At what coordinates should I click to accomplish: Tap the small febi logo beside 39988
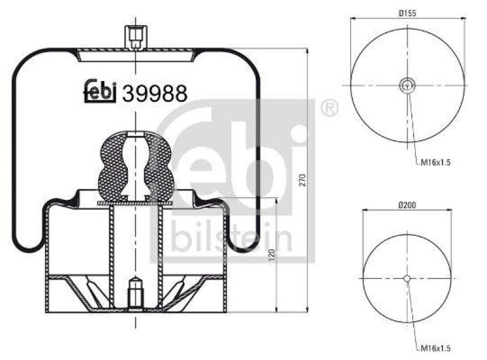(x=99, y=91)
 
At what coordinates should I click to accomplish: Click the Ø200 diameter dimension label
(x=407, y=206)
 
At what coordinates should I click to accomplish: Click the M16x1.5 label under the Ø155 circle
(x=435, y=162)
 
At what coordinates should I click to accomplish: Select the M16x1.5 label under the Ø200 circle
(x=435, y=350)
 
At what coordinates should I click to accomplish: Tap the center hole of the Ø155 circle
(x=407, y=85)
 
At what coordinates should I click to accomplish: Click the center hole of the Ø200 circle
(x=407, y=278)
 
